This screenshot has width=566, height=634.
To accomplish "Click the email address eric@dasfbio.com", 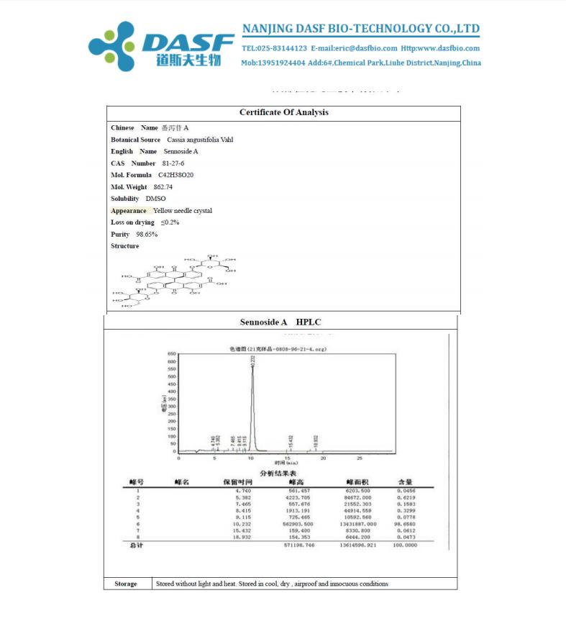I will pos(358,48).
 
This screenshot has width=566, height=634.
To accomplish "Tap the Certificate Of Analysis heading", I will pos(283,112).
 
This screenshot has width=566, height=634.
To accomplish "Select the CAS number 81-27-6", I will pos(173,163).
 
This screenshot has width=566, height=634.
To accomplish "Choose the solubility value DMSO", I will pos(155,199).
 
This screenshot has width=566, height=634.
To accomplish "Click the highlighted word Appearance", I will pos(129,211).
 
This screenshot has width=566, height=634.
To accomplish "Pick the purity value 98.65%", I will pos(147,235).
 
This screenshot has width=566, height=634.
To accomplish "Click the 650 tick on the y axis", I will pos(172,354).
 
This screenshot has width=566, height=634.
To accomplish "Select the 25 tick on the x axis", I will pos(360,458).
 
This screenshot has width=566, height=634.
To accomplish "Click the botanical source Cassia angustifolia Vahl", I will pos(200,140).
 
